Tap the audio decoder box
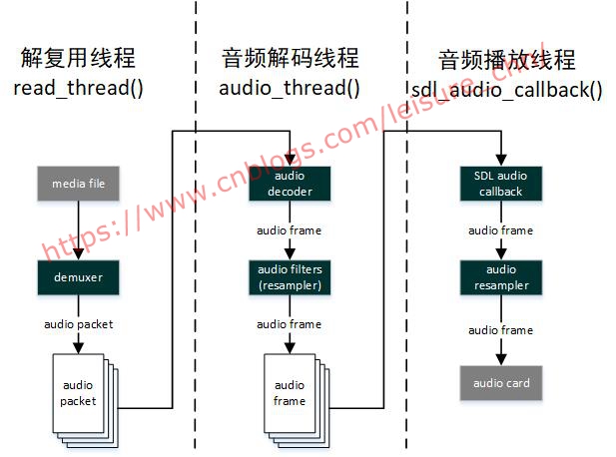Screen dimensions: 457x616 point(289,185)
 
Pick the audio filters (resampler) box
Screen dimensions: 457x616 point(289,276)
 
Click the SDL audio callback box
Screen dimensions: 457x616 point(500,185)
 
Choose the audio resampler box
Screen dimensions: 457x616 point(500,276)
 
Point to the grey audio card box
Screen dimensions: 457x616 point(500,382)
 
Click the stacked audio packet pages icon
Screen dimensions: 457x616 point(82,394)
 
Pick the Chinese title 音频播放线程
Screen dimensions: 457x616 point(507,59)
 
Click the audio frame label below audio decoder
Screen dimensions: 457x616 point(289,230)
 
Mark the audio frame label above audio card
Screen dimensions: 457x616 point(500,330)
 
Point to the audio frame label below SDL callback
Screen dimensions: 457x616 point(500,230)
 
